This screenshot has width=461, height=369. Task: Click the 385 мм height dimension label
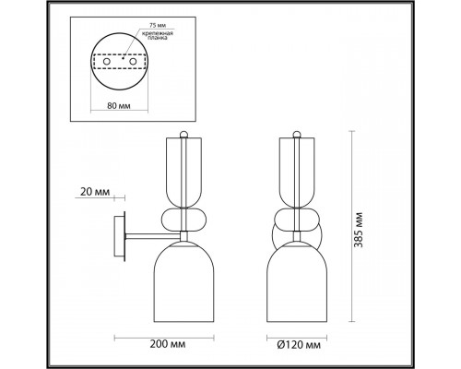(359, 230)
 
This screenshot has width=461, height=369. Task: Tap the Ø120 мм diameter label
(299, 345)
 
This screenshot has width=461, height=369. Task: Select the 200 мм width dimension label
(168, 344)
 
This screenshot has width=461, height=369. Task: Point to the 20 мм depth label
(95, 192)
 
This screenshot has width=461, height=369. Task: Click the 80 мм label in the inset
(119, 106)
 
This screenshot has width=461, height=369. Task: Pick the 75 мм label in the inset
(158, 26)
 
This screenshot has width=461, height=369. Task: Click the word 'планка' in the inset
(158, 38)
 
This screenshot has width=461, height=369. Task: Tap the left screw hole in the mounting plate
(107, 62)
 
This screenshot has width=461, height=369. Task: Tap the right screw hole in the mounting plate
(133, 62)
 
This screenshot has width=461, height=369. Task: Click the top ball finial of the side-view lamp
(183, 135)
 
